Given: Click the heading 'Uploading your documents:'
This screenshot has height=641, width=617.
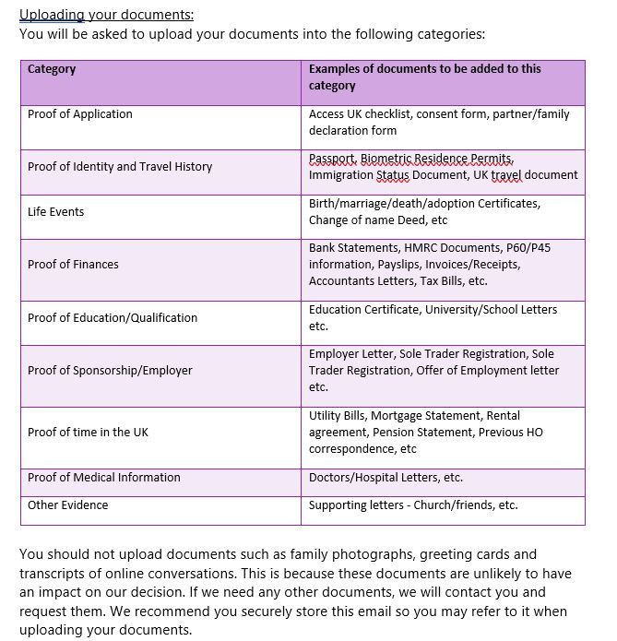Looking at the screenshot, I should point(107,15).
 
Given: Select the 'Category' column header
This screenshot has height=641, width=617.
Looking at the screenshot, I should point(52,69).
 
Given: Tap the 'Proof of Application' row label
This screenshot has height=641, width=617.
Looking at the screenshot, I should point(80,114).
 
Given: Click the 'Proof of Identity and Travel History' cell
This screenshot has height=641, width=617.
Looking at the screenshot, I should point(120,167).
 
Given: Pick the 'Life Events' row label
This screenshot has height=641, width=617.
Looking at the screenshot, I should point(56,212).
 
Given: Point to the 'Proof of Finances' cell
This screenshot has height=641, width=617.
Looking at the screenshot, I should point(73,265).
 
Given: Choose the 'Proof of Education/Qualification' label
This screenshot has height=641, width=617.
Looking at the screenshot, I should point(113,318).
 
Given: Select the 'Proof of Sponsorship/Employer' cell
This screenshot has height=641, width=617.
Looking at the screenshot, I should point(110,371).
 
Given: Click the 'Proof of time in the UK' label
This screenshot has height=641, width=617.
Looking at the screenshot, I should point(88,433).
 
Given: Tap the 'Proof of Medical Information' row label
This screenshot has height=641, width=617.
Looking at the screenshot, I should point(104,478).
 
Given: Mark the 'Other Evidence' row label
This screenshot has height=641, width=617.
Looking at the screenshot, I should point(68,505).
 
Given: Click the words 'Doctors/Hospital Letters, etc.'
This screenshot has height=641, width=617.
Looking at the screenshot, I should point(386,478).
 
